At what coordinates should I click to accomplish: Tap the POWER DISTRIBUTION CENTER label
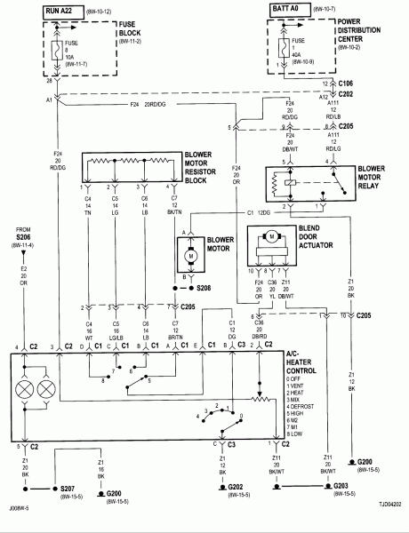pos(361,39)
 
